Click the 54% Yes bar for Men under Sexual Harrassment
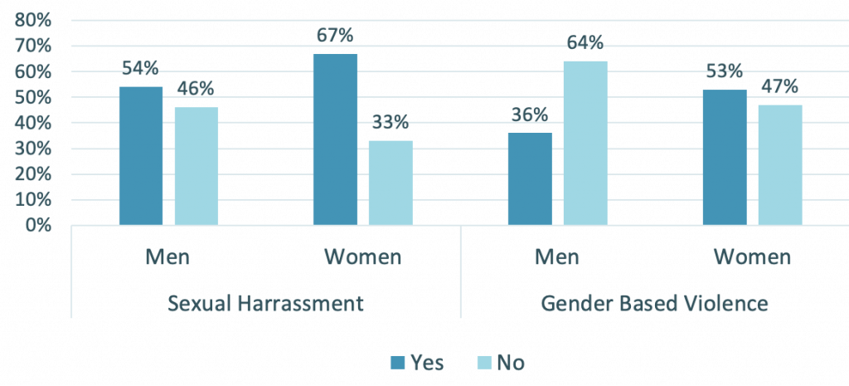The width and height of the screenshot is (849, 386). [141, 156]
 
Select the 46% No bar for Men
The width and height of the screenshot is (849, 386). [196, 166]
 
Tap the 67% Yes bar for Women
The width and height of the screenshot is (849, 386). [335, 139]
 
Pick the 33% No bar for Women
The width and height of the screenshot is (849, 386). [391, 183]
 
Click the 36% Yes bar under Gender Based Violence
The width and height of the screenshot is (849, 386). [529, 178]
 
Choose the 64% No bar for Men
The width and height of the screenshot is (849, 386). [585, 143]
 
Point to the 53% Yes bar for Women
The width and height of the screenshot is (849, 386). [724, 158]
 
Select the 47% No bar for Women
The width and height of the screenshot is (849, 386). [780, 164]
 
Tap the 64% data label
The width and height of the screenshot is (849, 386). [585, 42]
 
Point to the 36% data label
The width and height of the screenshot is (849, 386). [529, 114]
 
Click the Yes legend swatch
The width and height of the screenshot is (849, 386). [396, 362]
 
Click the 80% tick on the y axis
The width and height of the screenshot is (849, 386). [32, 20]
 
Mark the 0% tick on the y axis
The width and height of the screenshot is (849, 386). [36, 225]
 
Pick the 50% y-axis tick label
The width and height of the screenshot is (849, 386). [32, 97]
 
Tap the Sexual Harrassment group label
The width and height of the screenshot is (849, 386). [265, 303]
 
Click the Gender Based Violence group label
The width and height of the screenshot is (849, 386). [654, 303]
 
